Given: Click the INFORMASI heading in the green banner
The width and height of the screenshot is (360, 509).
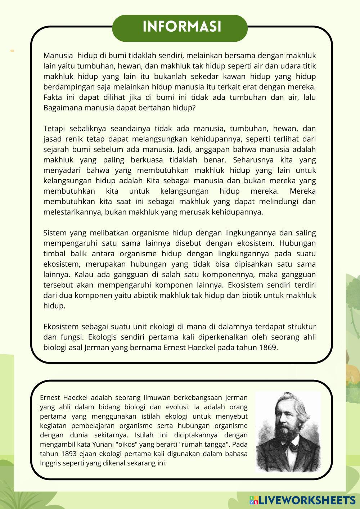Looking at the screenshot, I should coord(181,27).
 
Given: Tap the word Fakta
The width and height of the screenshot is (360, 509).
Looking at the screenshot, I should coord(53,97).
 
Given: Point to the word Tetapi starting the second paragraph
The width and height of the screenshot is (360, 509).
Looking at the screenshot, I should coord(54,129).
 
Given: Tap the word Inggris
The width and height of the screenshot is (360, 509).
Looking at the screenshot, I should coord(50,463).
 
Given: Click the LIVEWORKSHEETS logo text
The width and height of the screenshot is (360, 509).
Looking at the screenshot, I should coord(307,500).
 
